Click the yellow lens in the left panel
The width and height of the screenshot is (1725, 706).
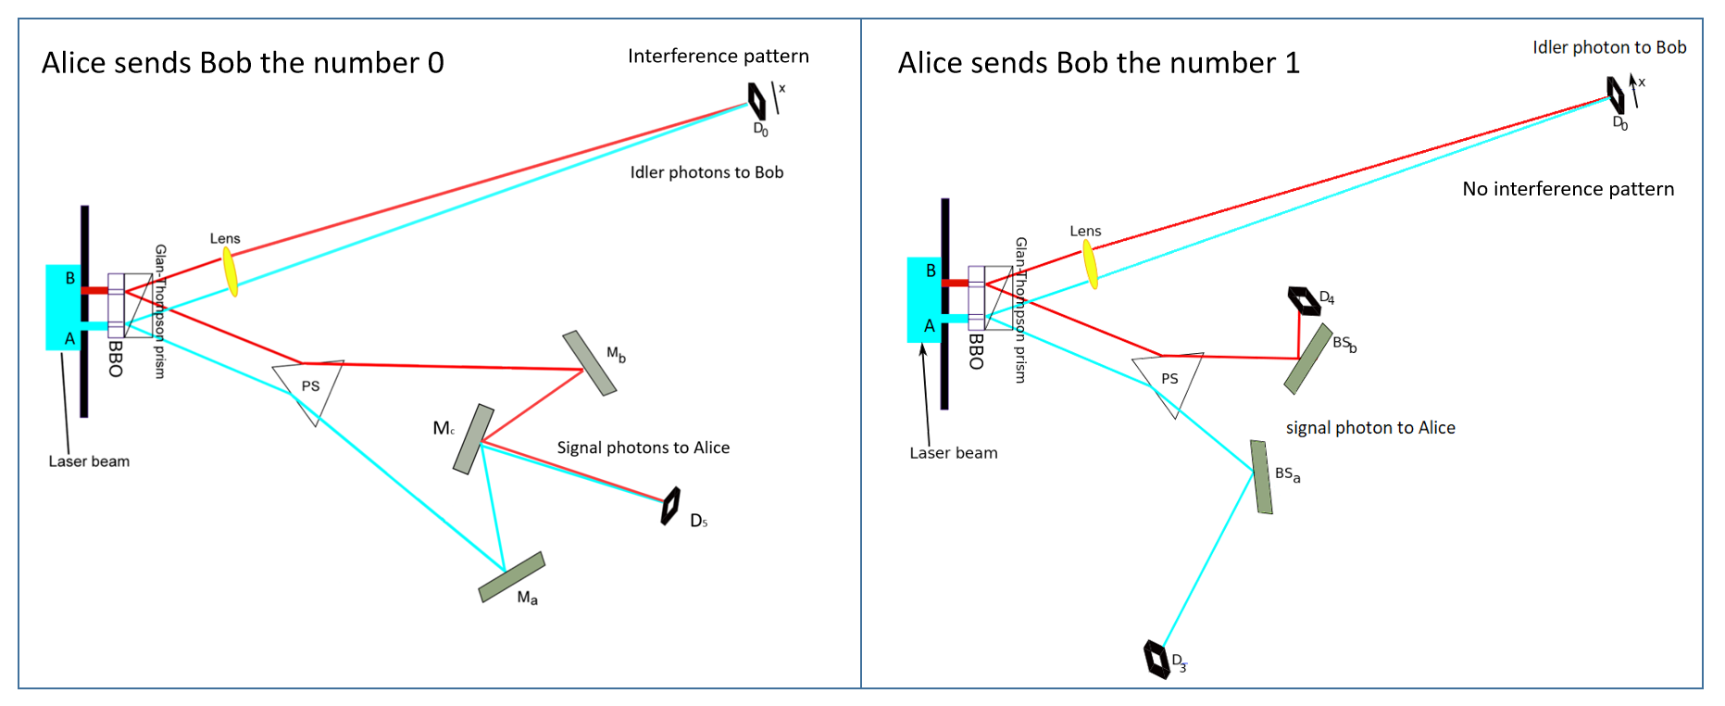231,271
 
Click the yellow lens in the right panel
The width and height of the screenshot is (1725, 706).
1091,264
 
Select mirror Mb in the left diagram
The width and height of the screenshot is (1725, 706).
589,363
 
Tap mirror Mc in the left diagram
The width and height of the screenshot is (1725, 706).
473,439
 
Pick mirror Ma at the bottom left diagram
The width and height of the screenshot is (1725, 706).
511,577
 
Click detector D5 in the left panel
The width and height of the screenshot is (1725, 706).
670,506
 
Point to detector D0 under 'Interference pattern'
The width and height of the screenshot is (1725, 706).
756,101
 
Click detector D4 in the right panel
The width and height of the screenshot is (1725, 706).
1304,300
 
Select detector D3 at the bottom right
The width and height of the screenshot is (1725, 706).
1156,659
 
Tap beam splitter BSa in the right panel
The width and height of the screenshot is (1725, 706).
1261,477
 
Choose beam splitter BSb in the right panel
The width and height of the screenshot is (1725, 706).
1307,359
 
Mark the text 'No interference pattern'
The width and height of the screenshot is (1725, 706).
1568,189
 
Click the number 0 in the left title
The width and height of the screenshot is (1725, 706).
435,63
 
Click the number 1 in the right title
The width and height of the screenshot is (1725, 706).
1292,63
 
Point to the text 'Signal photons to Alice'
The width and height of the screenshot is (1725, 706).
643,448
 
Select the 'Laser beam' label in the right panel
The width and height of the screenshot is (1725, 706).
953,453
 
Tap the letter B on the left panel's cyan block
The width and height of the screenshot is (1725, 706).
69,278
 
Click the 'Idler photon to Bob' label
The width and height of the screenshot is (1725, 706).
1608,47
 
